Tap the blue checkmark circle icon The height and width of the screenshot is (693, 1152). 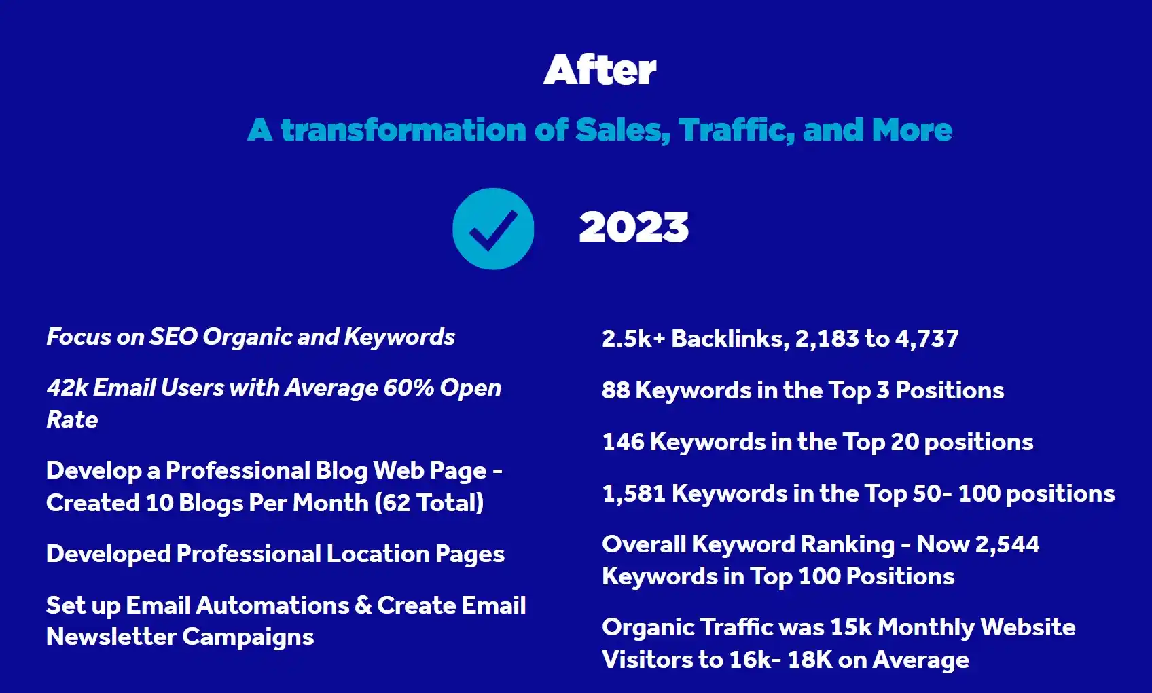tap(493, 229)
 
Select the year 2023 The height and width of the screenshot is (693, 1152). tap(634, 227)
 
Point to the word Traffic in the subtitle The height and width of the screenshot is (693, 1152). tap(736, 130)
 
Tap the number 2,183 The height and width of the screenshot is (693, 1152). tap(827, 339)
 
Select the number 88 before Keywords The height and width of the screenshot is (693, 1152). tap(615, 390)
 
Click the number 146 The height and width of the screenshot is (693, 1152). tap(623, 442)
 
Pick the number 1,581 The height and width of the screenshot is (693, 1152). tap(634, 493)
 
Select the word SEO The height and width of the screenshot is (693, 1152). tap(173, 337)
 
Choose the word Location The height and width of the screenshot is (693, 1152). tap(378, 554)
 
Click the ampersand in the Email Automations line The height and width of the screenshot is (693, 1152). tap(363, 605)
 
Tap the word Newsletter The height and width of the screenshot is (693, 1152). tap(111, 637)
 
